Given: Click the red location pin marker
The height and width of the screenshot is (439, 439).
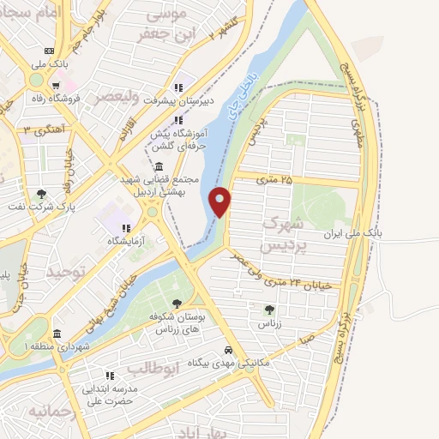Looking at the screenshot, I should click(221, 201).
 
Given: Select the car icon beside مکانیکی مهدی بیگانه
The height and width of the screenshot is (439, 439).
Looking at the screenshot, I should click(227, 351).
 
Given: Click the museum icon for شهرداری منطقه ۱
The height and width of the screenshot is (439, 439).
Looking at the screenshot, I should click(57, 334).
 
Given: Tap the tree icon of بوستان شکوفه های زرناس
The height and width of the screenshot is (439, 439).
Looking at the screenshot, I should click(177, 303).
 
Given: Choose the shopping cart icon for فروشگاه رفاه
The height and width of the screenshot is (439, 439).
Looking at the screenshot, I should click(56, 85).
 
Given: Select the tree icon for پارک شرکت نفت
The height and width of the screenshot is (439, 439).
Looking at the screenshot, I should click(42, 193).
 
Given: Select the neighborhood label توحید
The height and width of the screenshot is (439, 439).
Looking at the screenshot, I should click(67, 273).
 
